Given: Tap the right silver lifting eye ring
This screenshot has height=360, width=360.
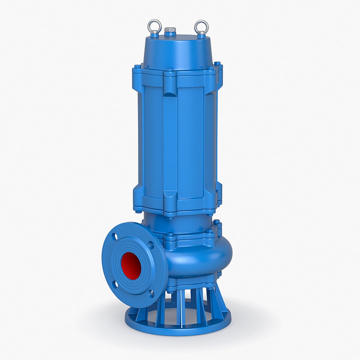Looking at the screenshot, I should (201, 25).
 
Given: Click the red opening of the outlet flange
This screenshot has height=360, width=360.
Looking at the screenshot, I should (131, 265).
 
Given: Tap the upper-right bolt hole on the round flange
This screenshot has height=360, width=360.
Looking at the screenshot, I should (151, 245).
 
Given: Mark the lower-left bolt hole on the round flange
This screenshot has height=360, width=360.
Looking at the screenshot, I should (115, 284).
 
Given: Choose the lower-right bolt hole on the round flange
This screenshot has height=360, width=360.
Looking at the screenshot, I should (151, 294).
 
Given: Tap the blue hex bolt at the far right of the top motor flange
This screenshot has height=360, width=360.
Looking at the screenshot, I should (217, 63).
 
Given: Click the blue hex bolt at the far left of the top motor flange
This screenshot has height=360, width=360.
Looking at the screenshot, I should (136, 66).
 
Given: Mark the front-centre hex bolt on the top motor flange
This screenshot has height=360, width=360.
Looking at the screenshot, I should (169, 71).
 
